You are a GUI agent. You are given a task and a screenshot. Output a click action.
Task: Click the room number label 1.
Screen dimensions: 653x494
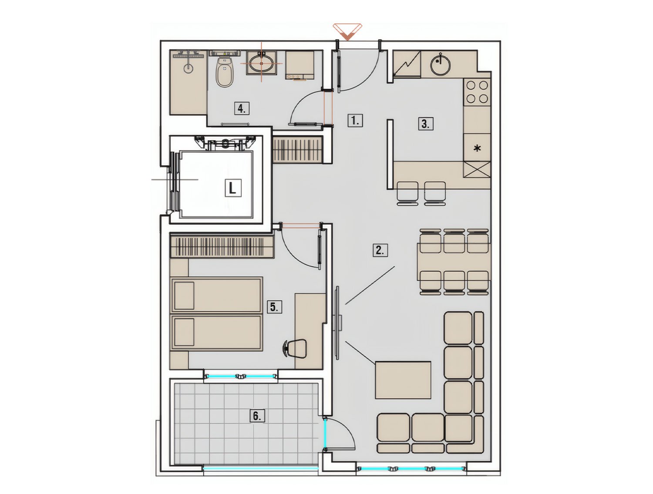pos(355,121)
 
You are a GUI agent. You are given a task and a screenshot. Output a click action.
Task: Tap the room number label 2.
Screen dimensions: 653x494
pos(380,250)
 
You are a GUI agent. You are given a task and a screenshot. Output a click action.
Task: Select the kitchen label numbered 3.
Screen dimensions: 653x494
pos(425,124)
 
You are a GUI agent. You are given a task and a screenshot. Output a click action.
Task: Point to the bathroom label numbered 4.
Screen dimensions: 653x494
pos(242,109)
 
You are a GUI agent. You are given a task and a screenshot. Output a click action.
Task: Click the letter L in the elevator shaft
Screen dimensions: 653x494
pos(232,188)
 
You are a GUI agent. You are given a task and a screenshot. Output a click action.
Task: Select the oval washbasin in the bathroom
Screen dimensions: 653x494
pos(262,64)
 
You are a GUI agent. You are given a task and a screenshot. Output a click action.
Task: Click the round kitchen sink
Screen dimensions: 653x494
pos(440,64)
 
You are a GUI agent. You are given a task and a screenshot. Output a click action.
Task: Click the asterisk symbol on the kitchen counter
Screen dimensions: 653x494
pos(477,148)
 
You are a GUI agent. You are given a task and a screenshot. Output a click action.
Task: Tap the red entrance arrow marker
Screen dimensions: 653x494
pos(347,31)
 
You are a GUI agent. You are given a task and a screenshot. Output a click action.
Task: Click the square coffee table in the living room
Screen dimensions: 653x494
pos(403,380)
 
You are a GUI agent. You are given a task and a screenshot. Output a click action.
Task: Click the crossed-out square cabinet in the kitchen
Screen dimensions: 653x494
pos(477,169)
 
